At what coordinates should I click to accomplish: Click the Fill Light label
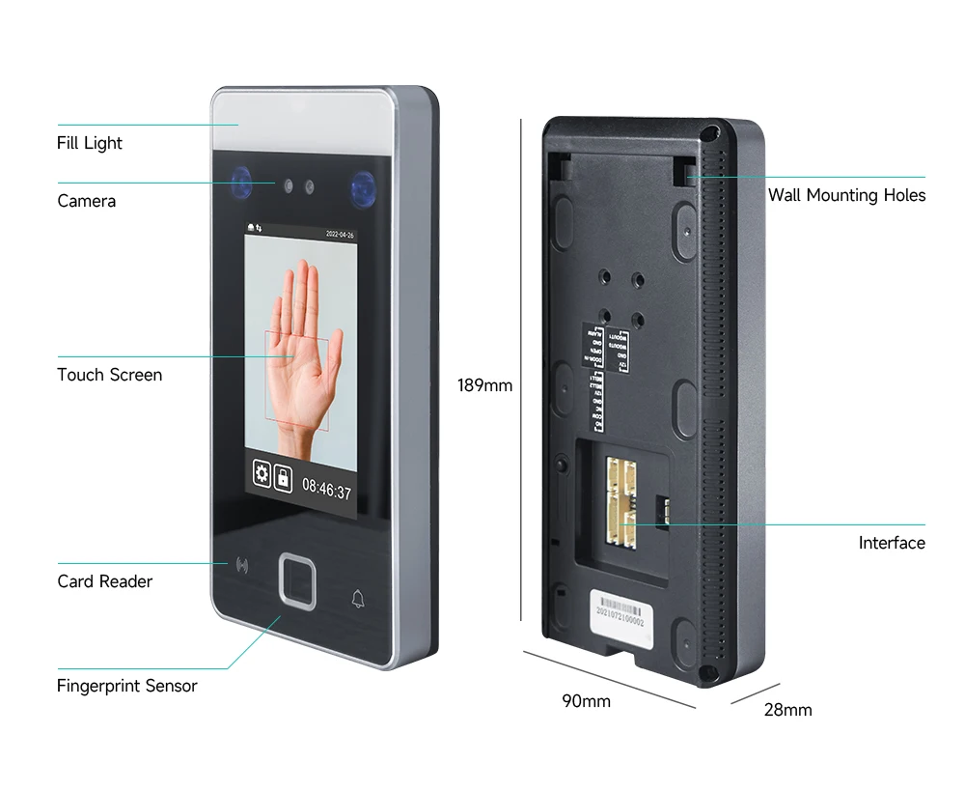(90, 143)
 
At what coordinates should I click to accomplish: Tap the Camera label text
(86, 201)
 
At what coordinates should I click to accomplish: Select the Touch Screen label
(109, 375)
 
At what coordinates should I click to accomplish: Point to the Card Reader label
(104, 581)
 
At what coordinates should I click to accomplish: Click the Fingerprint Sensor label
(126, 687)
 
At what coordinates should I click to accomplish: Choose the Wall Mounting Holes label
(846, 195)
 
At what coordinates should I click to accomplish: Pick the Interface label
(892, 543)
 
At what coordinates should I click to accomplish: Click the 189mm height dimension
(484, 385)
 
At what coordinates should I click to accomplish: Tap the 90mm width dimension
(587, 701)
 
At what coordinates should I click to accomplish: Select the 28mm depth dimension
(787, 710)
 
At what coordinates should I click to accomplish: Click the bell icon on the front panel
(357, 599)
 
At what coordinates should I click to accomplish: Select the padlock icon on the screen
(283, 477)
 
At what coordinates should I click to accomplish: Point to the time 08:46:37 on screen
(326, 491)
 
